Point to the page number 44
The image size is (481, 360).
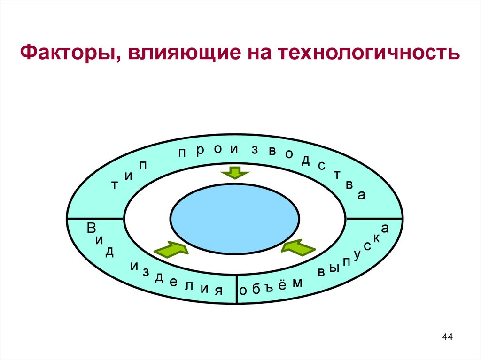447,337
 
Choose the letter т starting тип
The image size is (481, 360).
114,185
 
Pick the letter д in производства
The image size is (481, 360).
305,160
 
